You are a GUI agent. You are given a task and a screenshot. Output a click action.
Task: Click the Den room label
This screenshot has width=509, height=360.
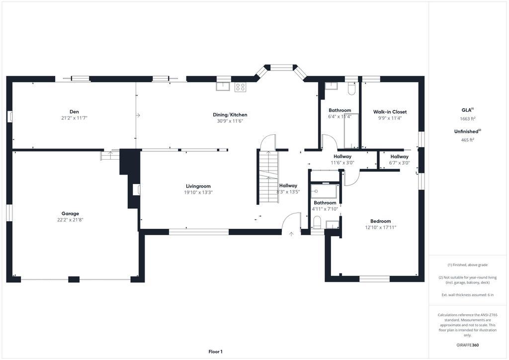click(74, 112)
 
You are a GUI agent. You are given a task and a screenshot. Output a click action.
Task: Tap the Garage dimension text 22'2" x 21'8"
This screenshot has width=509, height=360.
click(70, 220)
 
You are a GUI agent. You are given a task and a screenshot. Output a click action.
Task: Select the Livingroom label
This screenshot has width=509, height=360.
click(198, 186)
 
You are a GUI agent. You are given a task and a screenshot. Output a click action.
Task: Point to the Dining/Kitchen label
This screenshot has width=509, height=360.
click(230, 114)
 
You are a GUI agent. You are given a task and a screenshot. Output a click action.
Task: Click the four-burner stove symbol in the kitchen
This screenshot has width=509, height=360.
click(240, 87)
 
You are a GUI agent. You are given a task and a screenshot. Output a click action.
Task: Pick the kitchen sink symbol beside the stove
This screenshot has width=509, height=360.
click(223, 87)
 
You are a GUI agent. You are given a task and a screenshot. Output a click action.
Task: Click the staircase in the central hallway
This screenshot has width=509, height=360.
click(268, 177)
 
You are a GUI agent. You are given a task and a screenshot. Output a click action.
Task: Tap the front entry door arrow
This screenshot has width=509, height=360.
click(291, 234)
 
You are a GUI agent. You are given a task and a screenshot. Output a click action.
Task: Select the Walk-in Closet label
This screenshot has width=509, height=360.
click(390, 112)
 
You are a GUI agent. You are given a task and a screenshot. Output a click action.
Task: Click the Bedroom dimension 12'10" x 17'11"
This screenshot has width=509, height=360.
click(380, 228)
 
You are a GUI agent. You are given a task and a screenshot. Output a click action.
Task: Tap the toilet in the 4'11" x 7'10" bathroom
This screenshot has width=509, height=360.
click(317, 223)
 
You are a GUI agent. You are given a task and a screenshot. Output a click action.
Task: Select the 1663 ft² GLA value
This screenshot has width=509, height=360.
click(467, 118)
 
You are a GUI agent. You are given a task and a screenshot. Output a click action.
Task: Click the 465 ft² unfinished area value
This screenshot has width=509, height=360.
click(467, 140)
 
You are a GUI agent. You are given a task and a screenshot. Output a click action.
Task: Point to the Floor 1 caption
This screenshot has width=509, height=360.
click(215, 352)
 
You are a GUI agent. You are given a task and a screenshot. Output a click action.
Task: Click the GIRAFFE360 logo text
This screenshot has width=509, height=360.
click(467, 345)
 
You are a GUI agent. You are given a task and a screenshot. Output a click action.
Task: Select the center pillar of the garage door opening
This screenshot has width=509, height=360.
click(74, 279)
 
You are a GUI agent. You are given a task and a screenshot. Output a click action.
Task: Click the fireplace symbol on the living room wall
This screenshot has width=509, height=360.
click(136, 189)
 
